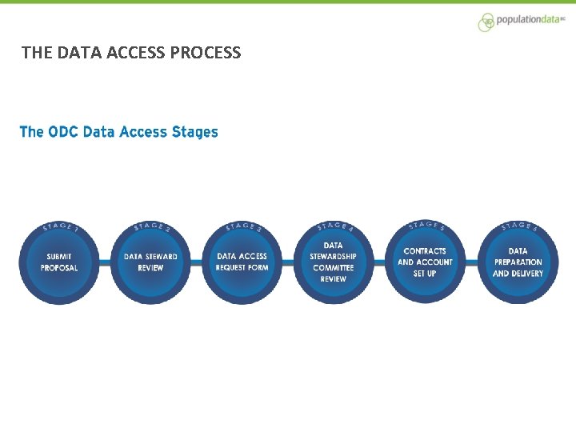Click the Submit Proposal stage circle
(x=59, y=262)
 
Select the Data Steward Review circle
(x=150, y=262)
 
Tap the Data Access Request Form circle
(x=242, y=262)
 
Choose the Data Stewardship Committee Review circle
(x=334, y=262)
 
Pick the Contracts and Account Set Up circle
(x=425, y=262)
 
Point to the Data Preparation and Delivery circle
(x=518, y=262)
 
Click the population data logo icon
(x=486, y=22)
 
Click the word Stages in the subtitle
(x=194, y=132)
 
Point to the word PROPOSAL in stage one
(x=59, y=268)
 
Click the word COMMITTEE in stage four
(x=334, y=268)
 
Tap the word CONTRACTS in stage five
(x=425, y=251)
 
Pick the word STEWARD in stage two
(x=161, y=257)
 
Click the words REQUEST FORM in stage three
(x=242, y=268)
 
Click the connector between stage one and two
(x=105, y=262)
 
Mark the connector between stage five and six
(x=471, y=262)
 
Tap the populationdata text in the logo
(x=530, y=20)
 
